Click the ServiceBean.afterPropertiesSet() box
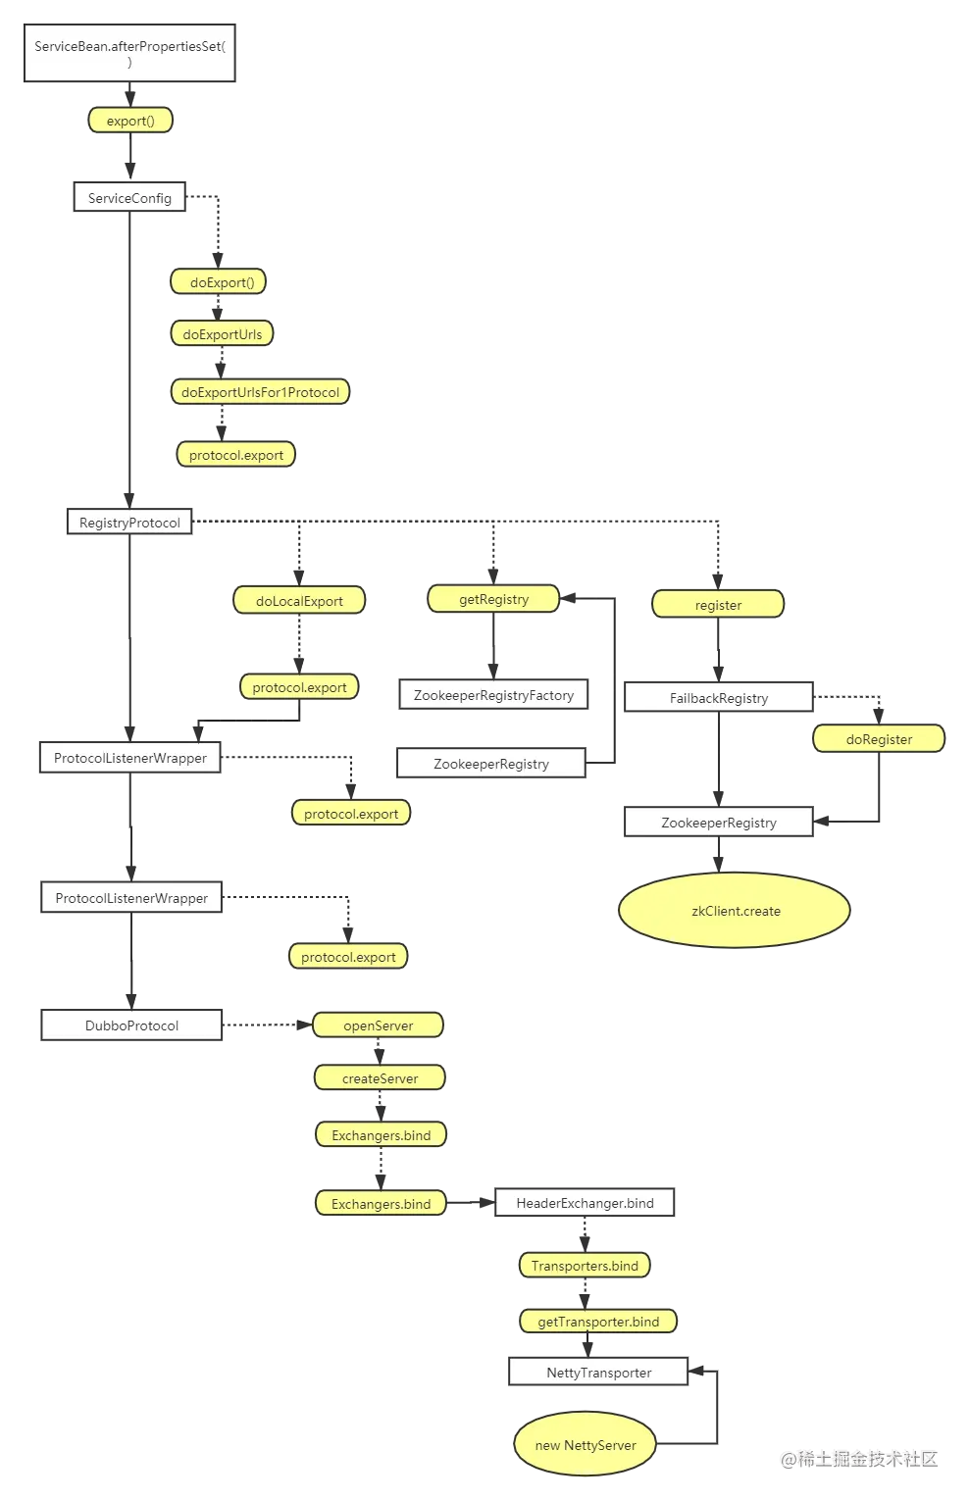tap(129, 54)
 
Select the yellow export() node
tap(130, 121)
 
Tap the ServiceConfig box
tap(129, 198)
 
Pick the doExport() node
tap(222, 282)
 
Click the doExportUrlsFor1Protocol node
tap(260, 392)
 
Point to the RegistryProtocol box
tap(129, 523)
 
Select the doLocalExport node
tap(299, 601)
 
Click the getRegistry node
tap(493, 599)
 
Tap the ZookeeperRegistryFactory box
tap(493, 695)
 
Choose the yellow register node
tap(718, 605)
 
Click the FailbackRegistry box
tap(719, 698)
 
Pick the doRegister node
tap(879, 739)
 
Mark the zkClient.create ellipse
tap(736, 911)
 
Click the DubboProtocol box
tap(131, 1025)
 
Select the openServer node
tap(379, 1025)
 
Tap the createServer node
tap(380, 1078)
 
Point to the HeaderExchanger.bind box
tap(585, 1203)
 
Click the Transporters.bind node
tap(585, 1266)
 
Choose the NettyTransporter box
tap(598, 1373)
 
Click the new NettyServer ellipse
tap(586, 1445)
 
